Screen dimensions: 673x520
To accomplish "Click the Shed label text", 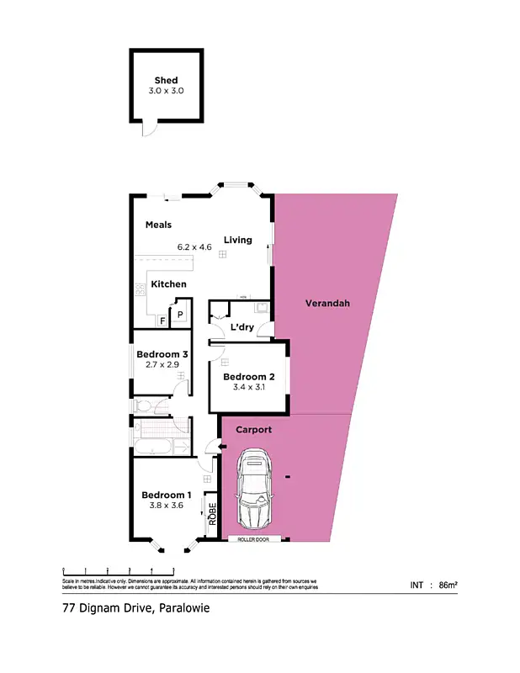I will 166,81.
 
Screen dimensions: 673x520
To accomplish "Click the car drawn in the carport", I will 254,488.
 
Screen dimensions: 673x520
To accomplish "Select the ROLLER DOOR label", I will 252,539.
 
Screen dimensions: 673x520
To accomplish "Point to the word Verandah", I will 327,303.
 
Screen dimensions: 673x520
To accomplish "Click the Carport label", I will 253,429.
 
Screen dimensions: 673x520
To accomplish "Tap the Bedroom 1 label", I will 166,495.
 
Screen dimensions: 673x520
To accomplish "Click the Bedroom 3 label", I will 162,354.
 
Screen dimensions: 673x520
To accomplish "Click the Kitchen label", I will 168,284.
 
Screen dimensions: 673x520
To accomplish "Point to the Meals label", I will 158,225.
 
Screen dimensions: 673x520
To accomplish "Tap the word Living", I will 237,240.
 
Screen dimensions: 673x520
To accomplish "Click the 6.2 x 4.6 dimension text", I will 194,247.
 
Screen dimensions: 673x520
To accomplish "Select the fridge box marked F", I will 162,321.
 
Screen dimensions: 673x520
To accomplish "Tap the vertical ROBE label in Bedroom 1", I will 213,514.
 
